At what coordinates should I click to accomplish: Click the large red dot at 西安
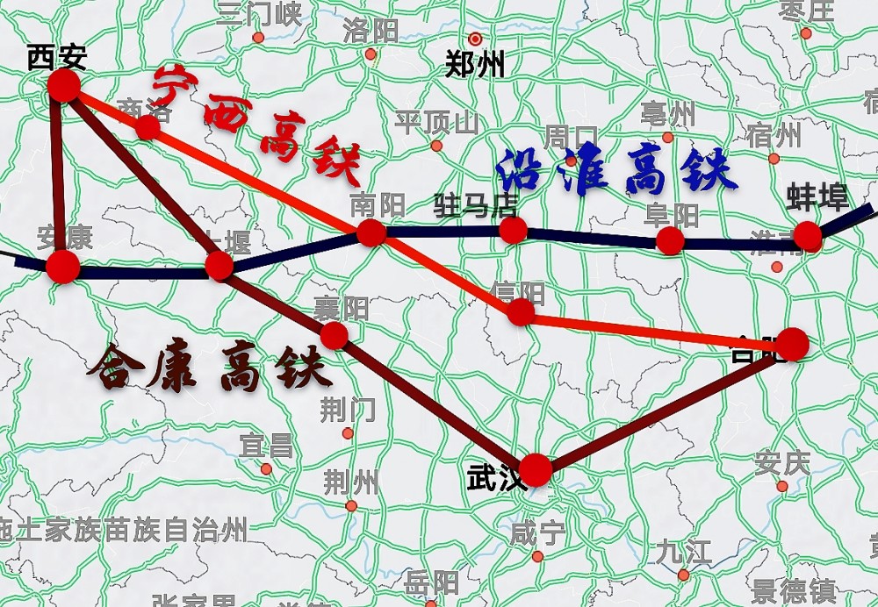pyautogui.click(x=64, y=86)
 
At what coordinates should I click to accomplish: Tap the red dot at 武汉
pyautogui.click(x=535, y=470)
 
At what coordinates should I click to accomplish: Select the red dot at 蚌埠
pyautogui.click(x=807, y=236)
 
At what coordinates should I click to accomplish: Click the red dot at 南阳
pyautogui.click(x=371, y=232)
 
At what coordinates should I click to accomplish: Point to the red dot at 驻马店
pyautogui.click(x=513, y=230)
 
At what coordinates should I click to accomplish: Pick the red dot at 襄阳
pyautogui.click(x=334, y=335)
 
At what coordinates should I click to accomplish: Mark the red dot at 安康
pyautogui.click(x=63, y=267)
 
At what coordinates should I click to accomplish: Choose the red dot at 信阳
pyautogui.click(x=521, y=312)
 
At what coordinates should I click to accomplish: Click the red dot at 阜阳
pyautogui.click(x=670, y=240)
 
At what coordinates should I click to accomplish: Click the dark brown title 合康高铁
pyautogui.click(x=210, y=366)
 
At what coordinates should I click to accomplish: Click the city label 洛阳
pyautogui.click(x=371, y=32)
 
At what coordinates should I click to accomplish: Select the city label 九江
pyautogui.click(x=683, y=553)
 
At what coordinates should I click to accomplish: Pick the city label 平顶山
pyautogui.click(x=436, y=122)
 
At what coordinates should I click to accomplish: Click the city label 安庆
pyautogui.click(x=781, y=462)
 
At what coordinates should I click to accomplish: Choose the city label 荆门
pyautogui.click(x=348, y=409)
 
